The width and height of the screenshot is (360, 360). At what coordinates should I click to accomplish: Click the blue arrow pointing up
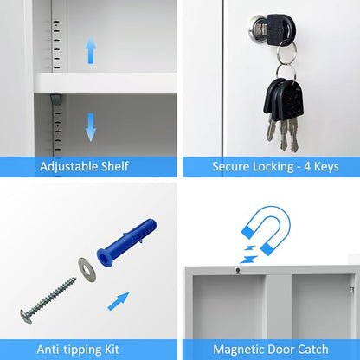click(91, 49)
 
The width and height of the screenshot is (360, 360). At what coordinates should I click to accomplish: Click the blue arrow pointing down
click(91, 127)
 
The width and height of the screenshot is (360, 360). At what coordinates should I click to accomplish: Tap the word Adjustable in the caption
click(68, 167)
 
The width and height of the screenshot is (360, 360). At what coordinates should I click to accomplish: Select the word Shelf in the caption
click(115, 166)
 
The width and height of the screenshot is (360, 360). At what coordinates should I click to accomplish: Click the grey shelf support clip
click(55, 100)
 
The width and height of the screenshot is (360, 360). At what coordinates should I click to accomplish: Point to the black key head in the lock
click(278, 29)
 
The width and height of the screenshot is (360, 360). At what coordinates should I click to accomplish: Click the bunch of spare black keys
click(284, 113)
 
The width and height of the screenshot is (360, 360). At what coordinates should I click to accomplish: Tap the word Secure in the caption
click(231, 167)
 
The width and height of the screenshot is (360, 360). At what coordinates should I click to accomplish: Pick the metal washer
click(87, 269)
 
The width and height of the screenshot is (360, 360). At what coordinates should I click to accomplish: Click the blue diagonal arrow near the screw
click(119, 301)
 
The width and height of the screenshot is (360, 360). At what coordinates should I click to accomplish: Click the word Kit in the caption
click(112, 350)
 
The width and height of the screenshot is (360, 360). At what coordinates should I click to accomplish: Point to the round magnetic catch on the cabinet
click(238, 270)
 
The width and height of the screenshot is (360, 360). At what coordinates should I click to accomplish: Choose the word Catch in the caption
click(313, 350)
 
